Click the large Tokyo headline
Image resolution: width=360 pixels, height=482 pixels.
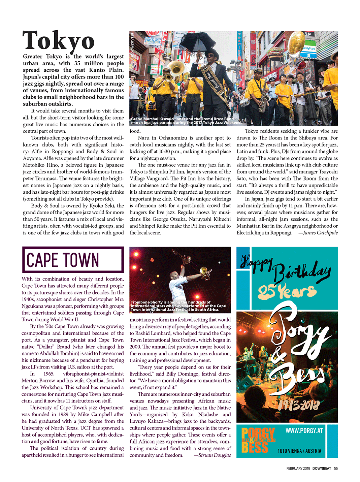(x=59, y=41)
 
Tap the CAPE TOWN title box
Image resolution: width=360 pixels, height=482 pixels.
(x=73, y=260)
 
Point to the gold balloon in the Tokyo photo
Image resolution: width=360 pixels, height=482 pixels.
(x=297, y=42)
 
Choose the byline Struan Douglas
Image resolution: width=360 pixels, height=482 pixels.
(x=212, y=455)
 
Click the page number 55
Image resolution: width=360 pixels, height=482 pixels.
(x=336, y=469)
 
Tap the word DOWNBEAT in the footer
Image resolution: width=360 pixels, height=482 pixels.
(x=322, y=469)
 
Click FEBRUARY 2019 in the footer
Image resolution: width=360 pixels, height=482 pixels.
(x=298, y=469)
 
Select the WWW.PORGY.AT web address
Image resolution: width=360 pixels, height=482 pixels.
(x=304, y=431)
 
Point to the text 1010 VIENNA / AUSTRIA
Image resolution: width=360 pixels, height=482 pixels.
(x=299, y=451)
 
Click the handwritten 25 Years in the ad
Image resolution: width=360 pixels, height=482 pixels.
(x=287, y=292)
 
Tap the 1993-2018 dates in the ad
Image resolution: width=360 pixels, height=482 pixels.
(x=298, y=405)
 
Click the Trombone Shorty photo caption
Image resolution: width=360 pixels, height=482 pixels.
(x=178, y=306)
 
